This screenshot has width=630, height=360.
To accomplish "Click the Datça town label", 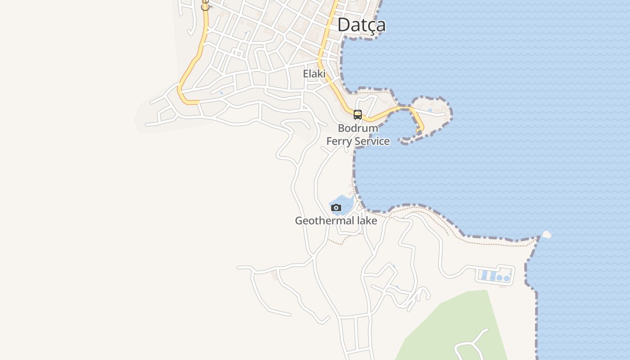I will pyautogui.click(x=361, y=25).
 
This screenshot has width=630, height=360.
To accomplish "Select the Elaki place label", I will pyautogui.click(x=314, y=74).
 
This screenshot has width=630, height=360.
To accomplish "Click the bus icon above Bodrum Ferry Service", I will pyautogui.click(x=358, y=115).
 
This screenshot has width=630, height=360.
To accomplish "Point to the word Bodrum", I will pyautogui.click(x=358, y=128).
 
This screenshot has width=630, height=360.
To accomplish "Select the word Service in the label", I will pyautogui.click(x=372, y=141).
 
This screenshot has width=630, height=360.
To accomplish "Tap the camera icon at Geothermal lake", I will pyautogui.click(x=336, y=207).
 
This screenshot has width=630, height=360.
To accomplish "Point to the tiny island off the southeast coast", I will pyautogui.click(x=547, y=234).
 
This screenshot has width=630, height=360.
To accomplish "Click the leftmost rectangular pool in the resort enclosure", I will pyautogui.click(x=484, y=275).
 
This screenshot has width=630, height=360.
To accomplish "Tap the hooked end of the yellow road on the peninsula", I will pyautogui.click(x=419, y=130).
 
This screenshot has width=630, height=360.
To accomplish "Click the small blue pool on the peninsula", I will pyautogui.click(x=430, y=110).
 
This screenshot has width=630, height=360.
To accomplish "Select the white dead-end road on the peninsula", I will pyautogui.click(x=432, y=113).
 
